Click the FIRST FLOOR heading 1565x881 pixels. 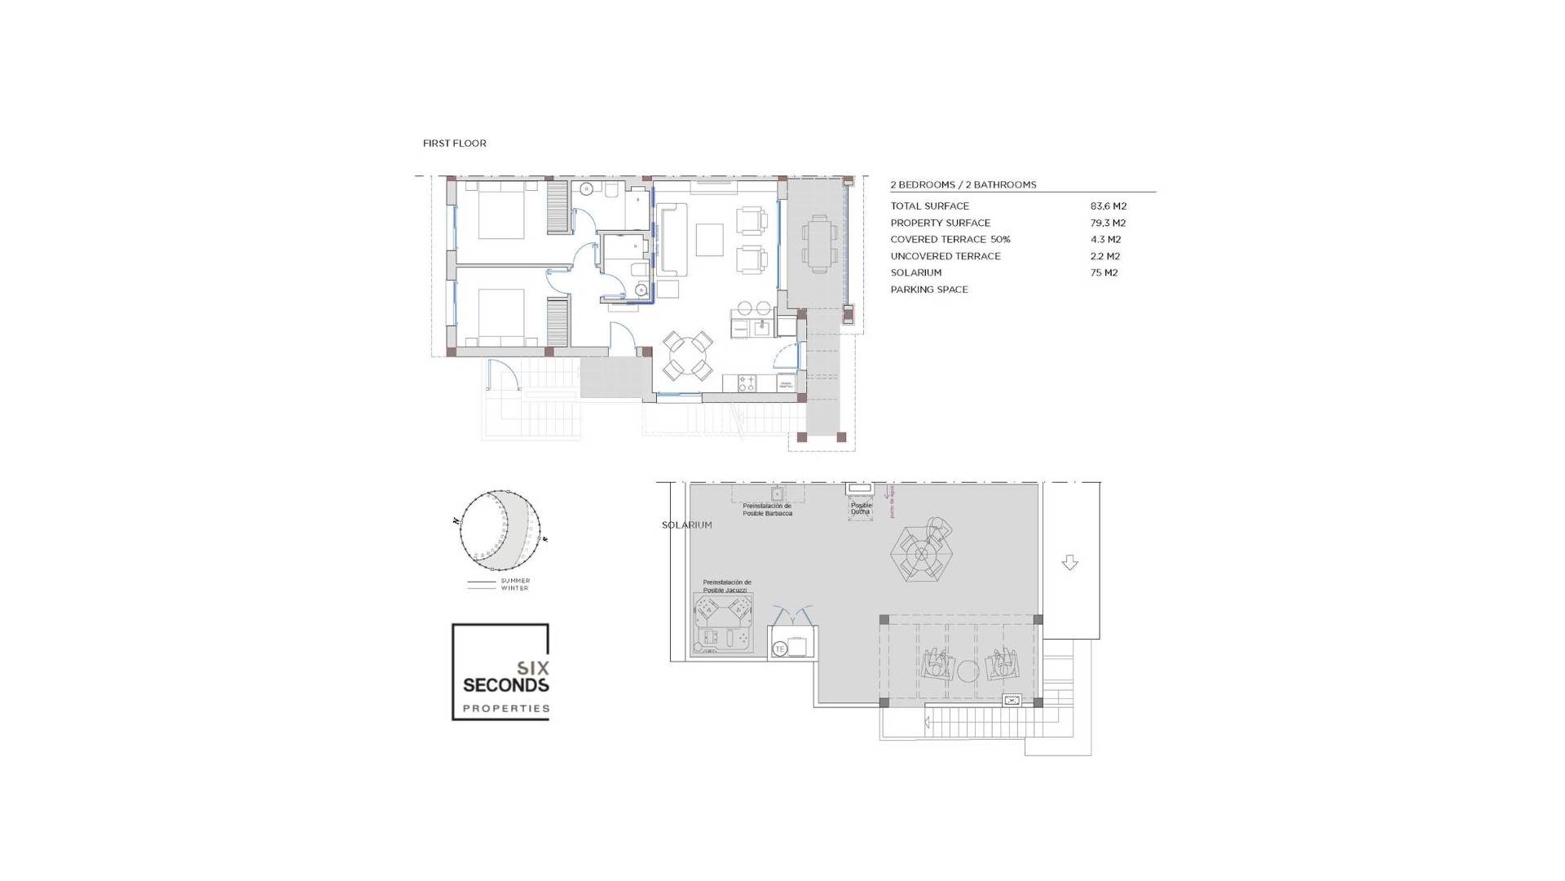point(454,144)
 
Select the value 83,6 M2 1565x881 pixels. point(1108,206)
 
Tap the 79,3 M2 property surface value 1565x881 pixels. point(1108,223)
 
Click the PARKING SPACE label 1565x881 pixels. point(928,290)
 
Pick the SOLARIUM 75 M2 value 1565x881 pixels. point(1104,272)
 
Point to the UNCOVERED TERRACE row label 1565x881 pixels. point(945,256)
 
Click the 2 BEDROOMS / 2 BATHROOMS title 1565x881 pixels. point(963,185)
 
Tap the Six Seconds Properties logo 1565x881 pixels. point(500,672)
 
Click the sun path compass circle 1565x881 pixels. point(499,530)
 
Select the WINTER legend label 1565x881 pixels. point(514,588)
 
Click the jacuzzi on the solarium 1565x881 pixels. point(722,624)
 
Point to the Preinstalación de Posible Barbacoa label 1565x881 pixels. point(767,510)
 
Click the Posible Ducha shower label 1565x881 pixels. point(861,508)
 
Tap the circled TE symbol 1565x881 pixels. point(779,649)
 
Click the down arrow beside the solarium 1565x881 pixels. point(1070,563)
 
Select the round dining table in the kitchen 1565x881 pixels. point(687,356)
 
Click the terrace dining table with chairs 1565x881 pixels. point(820,243)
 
